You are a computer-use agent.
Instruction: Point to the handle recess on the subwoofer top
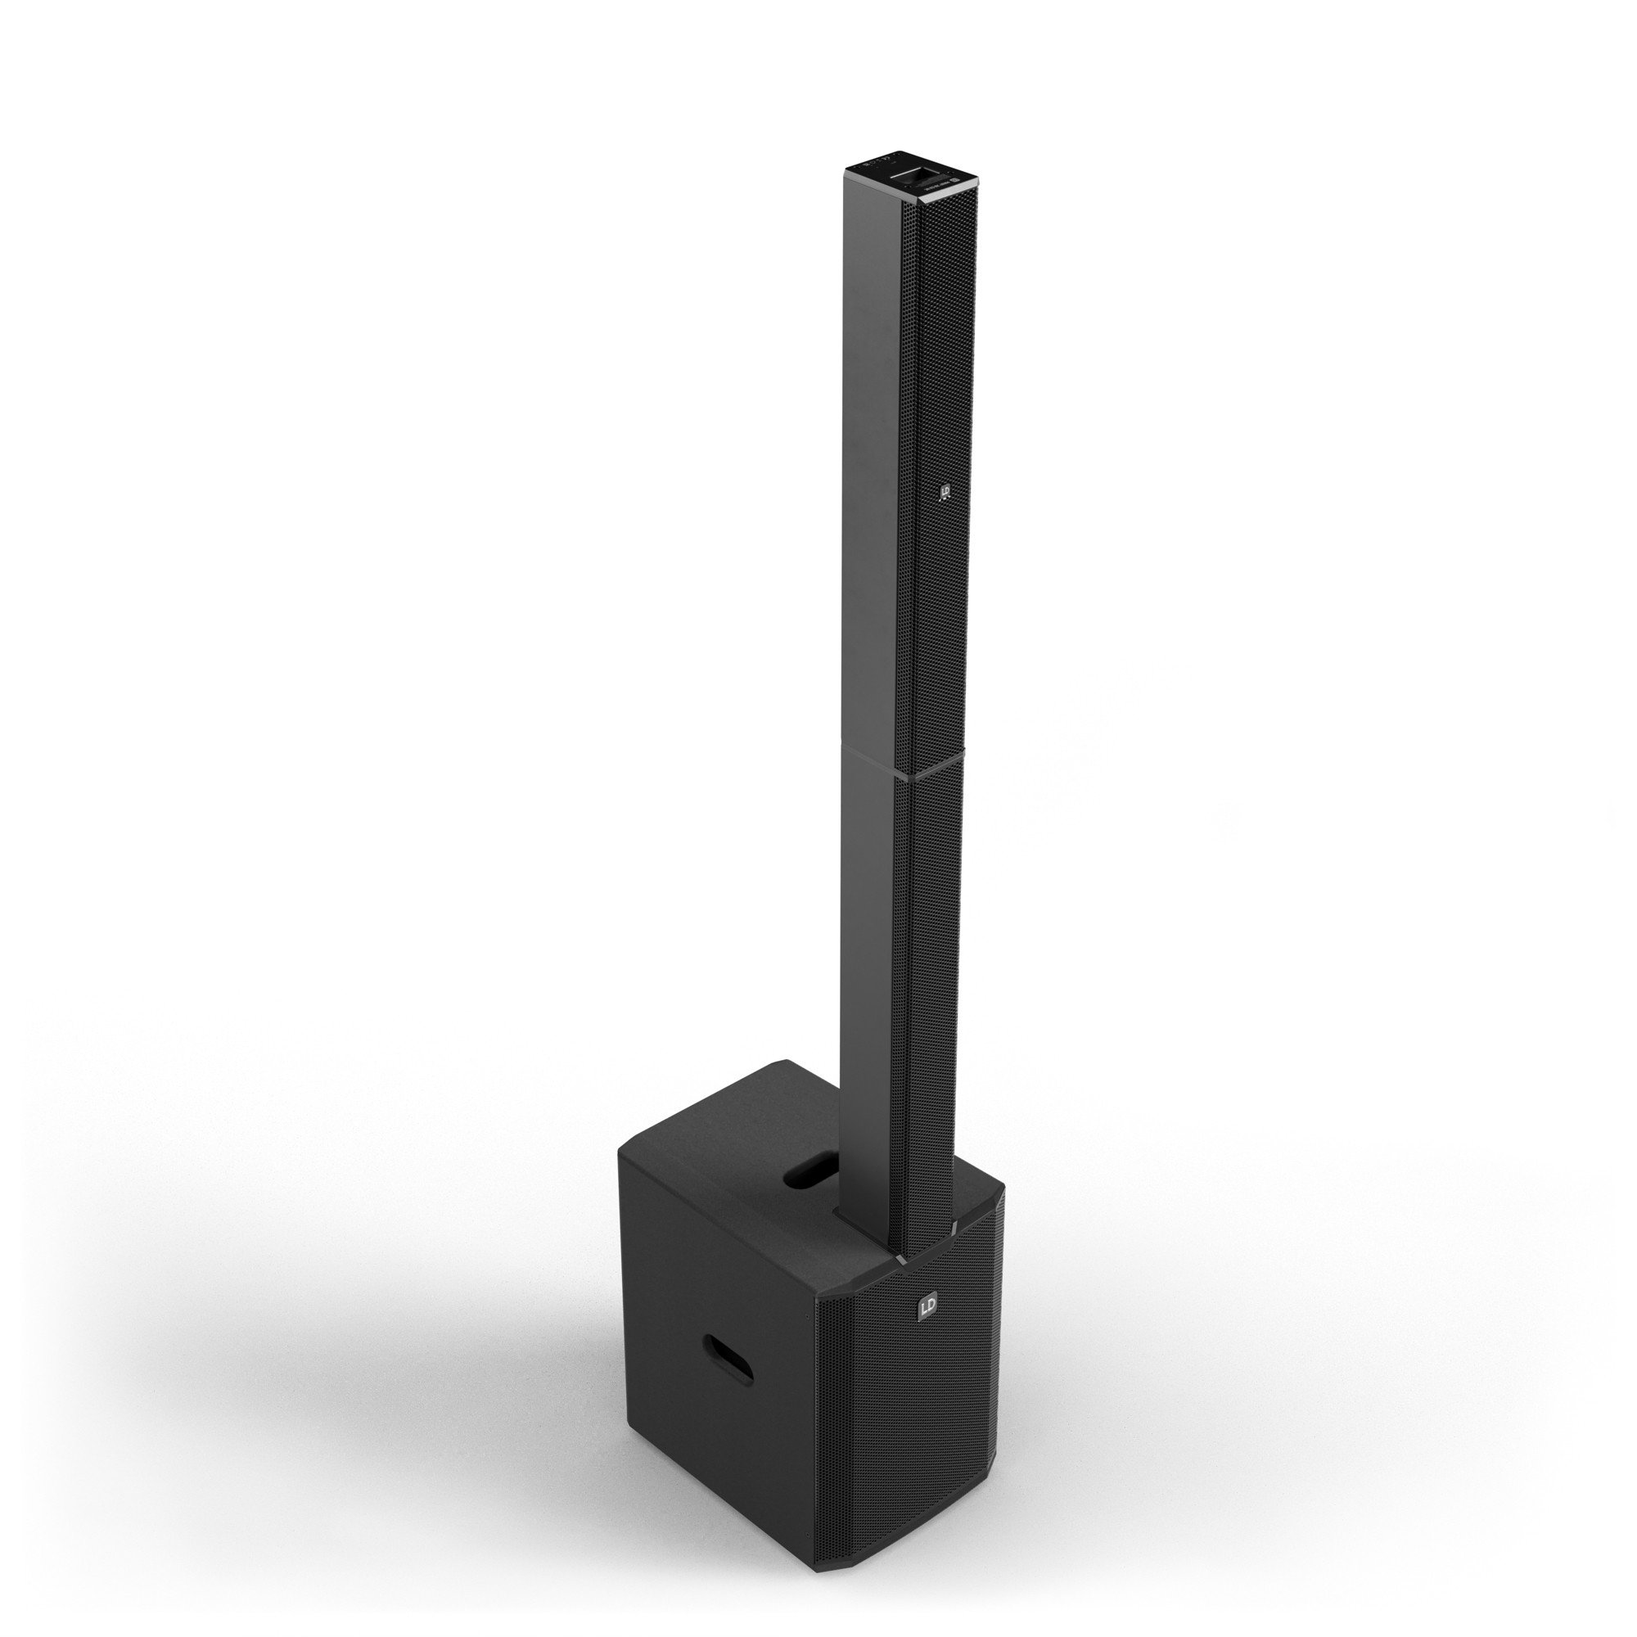tap(811, 1175)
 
